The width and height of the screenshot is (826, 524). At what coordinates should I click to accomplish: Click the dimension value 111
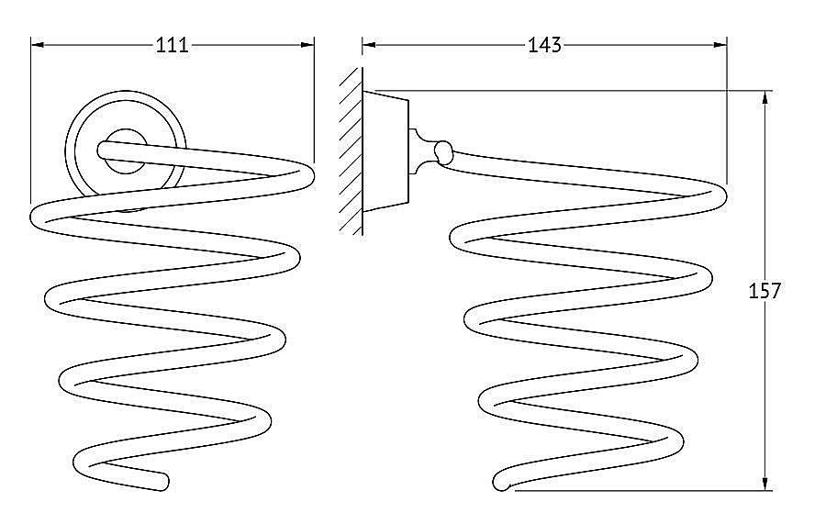click(173, 45)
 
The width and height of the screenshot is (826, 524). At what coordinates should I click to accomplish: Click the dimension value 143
click(544, 45)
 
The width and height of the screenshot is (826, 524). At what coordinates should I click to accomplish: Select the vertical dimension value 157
click(765, 290)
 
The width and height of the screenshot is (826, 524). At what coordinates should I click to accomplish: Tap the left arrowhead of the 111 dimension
click(38, 45)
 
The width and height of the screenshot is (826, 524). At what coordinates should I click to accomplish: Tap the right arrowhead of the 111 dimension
click(307, 45)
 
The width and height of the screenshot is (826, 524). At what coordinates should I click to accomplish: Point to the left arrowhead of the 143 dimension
click(369, 45)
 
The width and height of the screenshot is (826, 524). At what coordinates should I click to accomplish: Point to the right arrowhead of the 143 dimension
click(720, 45)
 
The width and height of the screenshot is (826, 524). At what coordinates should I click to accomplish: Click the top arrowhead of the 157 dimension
click(765, 98)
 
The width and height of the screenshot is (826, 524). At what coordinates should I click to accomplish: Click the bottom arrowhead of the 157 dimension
click(765, 484)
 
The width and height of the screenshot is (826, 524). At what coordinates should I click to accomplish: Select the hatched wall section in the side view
click(351, 151)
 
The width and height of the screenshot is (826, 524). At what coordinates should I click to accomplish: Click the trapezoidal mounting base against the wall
click(385, 151)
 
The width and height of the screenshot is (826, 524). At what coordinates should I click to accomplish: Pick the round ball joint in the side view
click(443, 152)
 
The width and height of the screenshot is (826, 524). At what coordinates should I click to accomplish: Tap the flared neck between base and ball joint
click(421, 152)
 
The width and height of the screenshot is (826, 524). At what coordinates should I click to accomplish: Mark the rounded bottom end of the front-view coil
click(162, 483)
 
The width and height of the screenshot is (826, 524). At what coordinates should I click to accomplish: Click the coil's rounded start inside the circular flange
click(104, 150)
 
